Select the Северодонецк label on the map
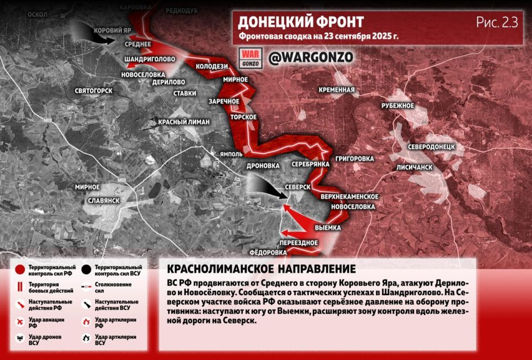[431, 147]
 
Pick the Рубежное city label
[398, 105]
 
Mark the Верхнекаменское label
[349, 197]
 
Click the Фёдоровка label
[268, 253]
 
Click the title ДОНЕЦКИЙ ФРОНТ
[301, 22]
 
